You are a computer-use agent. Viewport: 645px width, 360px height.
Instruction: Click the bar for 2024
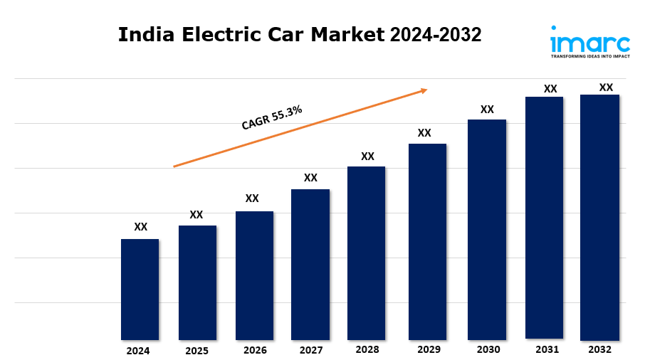(140, 289)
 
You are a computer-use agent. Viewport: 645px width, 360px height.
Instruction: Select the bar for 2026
(254, 275)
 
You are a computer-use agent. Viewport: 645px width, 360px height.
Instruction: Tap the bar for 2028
(366, 253)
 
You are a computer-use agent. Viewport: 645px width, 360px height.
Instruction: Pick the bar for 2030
(486, 229)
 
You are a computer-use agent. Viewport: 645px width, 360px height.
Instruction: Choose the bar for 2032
(599, 217)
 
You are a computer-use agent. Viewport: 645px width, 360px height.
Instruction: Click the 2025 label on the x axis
(196, 351)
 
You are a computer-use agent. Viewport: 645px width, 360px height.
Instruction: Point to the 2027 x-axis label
(311, 351)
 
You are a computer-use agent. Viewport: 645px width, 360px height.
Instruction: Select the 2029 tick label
(429, 350)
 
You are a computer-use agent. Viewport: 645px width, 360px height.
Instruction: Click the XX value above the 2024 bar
(141, 227)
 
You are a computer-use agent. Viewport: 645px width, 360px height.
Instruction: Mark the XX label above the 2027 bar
(310, 178)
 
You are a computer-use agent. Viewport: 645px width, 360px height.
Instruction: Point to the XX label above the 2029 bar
(424, 133)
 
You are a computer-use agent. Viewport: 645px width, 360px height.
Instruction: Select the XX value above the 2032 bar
(606, 88)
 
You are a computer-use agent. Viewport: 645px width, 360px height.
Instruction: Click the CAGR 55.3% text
(272, 117)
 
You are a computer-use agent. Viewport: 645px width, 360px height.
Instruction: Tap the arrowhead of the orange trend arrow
(424, 90)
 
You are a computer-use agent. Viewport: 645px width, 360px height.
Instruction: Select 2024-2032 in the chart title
(435, 34)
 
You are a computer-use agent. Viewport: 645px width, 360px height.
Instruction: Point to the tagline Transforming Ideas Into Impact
(589, 55)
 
